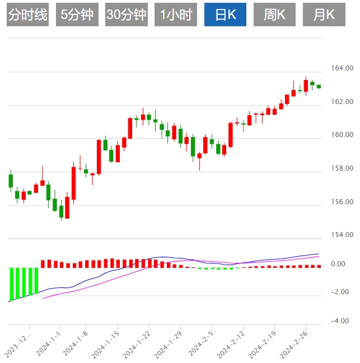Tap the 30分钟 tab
coord(127,15)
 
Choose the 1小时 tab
coord(175,15)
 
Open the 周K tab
coord(274,15)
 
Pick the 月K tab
coord(324,15)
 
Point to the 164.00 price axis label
coord(342,68)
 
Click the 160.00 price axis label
coord(342,135)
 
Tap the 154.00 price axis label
coord(342,235)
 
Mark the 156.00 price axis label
coord(342,202)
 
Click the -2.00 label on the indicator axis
coord(340,292)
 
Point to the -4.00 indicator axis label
coord(340,321)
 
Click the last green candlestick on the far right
coord(319,86)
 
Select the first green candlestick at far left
coord(11,181)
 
